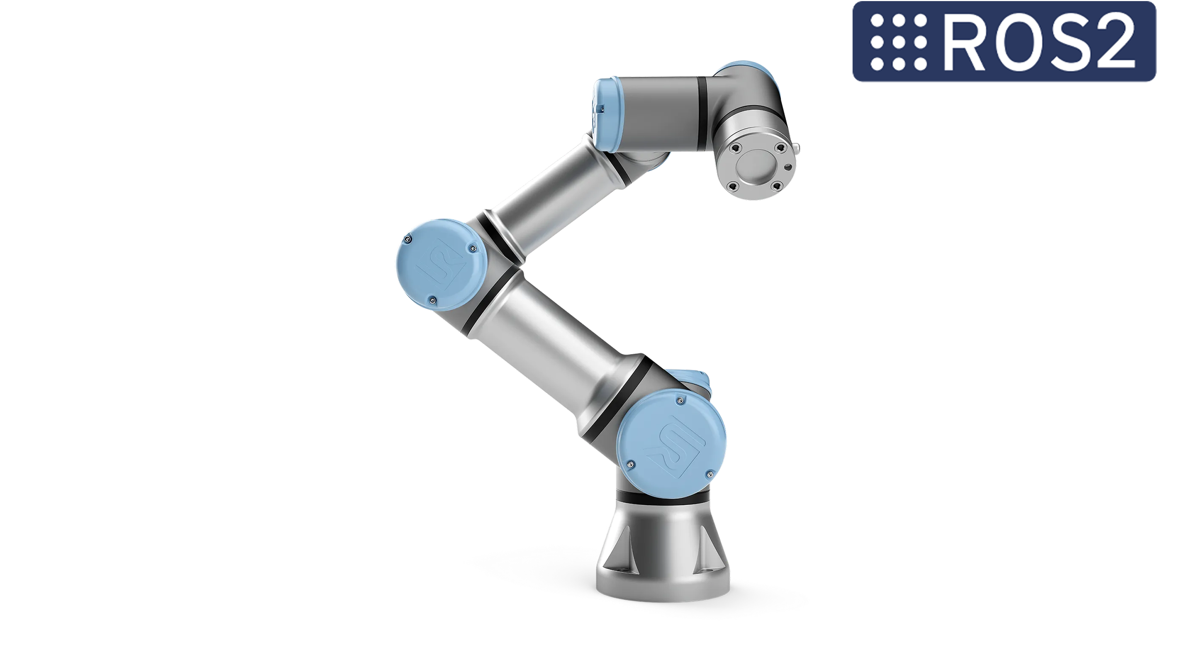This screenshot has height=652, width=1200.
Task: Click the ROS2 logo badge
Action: [1004, 41]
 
